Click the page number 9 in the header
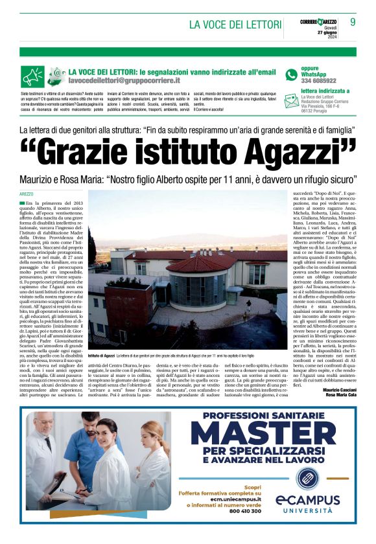pos(353,22)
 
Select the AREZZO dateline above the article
pos(27,194)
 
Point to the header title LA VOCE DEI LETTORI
pos(235,25)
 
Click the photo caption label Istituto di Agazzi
pos(102,374)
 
